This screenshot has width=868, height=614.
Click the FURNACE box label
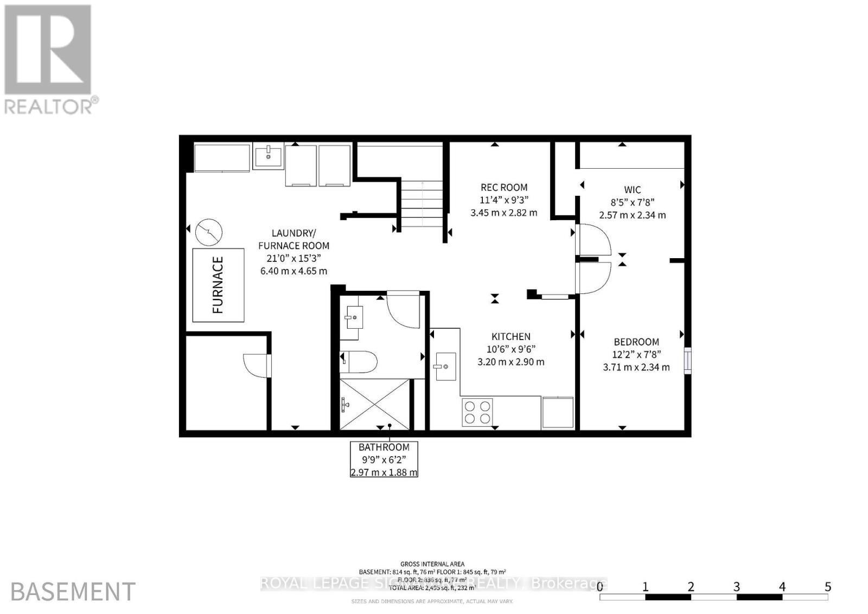pos(218,285)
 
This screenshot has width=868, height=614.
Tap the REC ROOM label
pos(503,188)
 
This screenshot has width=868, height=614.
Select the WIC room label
pos(633,190)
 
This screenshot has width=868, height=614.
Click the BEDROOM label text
pos(636,342)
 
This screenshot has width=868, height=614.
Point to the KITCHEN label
pos(510,336)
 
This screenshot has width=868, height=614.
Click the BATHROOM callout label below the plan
pos(384,447)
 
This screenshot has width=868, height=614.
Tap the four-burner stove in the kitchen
pos(477,411)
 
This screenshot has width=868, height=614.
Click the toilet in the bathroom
pos(359,362)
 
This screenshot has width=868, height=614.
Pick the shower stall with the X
pos(375,404)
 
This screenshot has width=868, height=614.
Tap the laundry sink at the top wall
pos(267,156)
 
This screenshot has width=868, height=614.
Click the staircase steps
pos(422,203)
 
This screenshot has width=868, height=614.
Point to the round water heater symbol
pos(209,232)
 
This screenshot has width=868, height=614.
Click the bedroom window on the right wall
pos(687,361)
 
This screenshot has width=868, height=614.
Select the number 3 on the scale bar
pos(736,586)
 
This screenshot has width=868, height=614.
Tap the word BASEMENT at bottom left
pos(73,592)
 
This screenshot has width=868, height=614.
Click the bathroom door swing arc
pos(404,311)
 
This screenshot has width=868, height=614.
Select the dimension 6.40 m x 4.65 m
pos(293,271)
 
